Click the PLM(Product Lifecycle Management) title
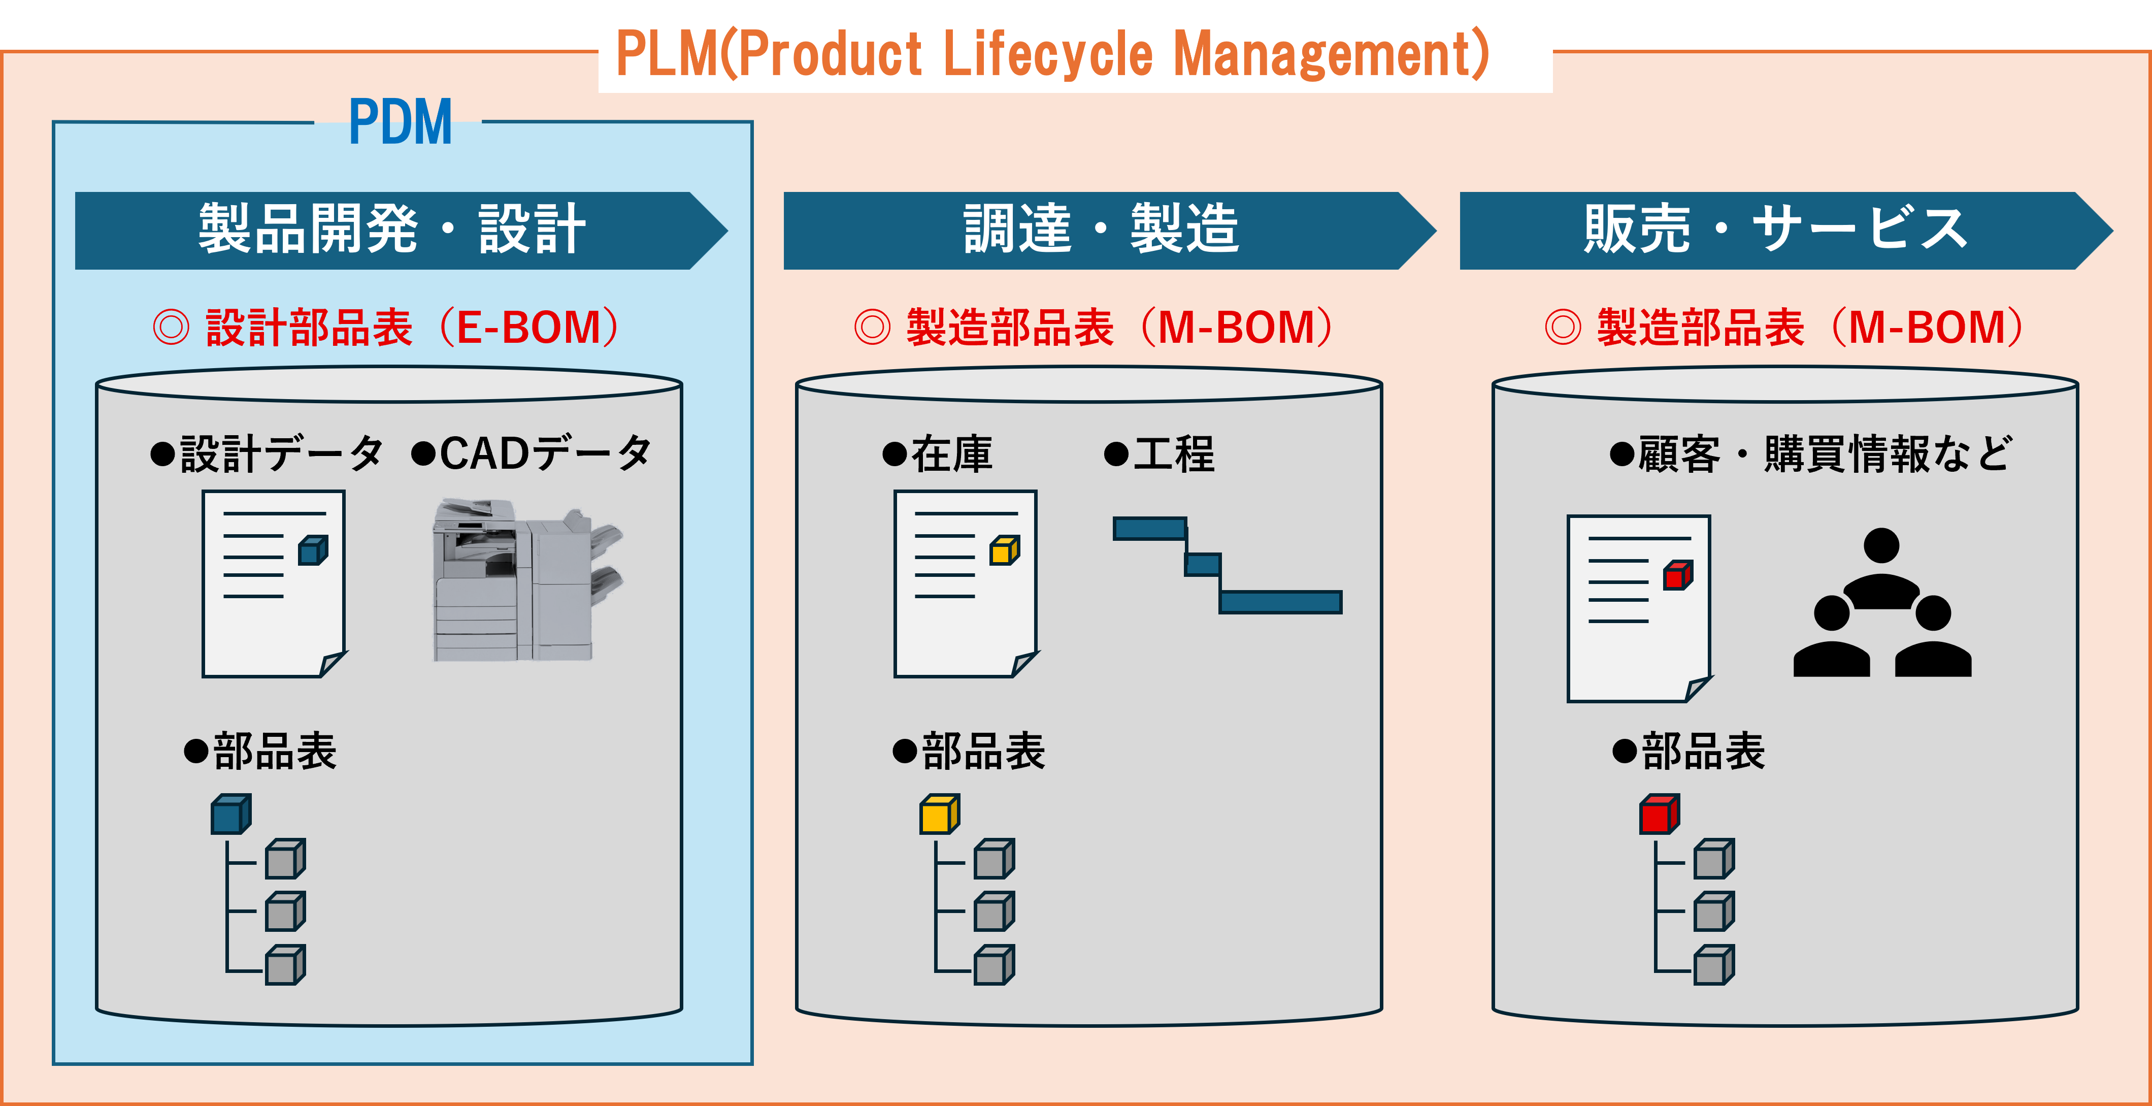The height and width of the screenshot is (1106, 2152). point(1052,53)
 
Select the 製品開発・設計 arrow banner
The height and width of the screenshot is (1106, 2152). point(392,230)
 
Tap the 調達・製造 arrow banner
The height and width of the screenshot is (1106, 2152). point(1101,230)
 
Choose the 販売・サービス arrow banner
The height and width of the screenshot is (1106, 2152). point(1776,230)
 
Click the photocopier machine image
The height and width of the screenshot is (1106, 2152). point(527,580)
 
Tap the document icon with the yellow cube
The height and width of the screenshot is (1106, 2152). point(966,583)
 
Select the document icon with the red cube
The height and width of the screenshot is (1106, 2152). point(1639,608)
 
